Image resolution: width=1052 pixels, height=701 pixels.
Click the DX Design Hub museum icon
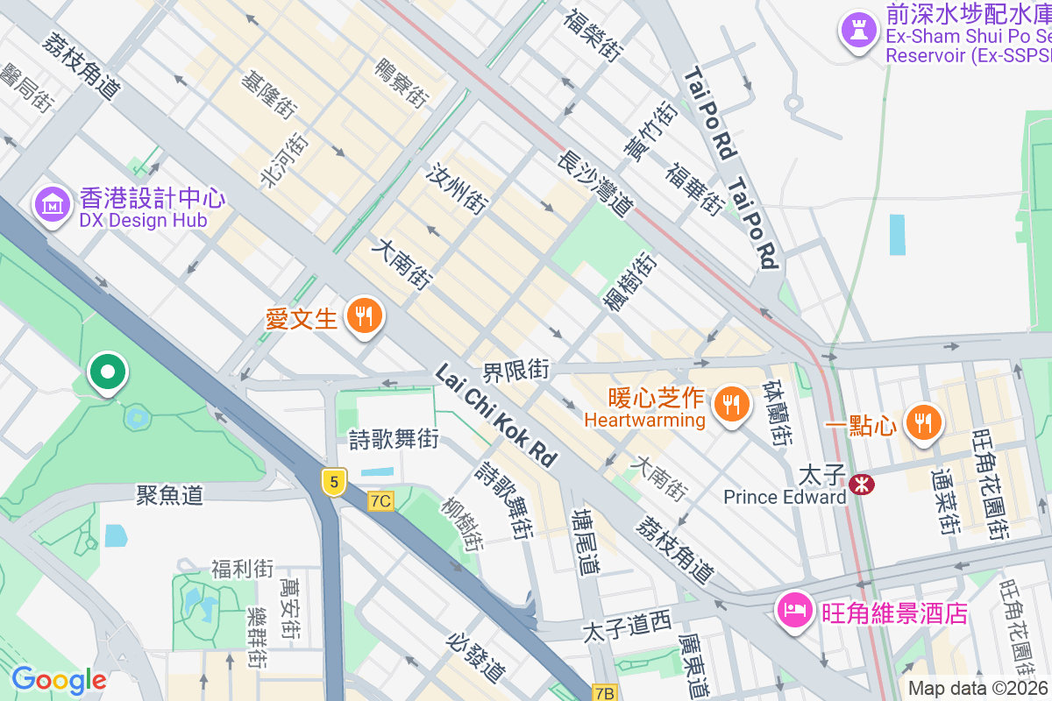[53, 204]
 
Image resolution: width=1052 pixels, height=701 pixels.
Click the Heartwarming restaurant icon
[729, 404]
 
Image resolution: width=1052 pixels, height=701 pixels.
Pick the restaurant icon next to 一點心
[922, 422]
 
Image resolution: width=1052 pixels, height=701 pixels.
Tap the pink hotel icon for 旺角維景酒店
[794, 610]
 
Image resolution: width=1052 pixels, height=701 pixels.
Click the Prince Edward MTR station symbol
[861, 484]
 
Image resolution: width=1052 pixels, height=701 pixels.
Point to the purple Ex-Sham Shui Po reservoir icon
[857, 30]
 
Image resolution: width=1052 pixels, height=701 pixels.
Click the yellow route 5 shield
[333, 481]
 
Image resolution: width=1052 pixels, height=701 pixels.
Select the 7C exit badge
[380, 501]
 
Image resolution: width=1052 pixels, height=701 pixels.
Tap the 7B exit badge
[605, 692]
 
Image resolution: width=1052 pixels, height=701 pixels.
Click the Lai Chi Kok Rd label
[496, 415]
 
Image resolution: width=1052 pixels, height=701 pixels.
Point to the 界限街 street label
[516, 371]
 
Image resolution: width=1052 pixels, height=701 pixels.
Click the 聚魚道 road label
[169, 495]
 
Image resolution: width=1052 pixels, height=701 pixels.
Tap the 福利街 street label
[242, 570]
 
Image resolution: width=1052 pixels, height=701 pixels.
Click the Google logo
[58, 680]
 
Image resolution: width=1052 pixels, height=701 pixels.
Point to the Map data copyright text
[978, 689]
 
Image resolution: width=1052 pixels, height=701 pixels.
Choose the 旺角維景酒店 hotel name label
[894, 612]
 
